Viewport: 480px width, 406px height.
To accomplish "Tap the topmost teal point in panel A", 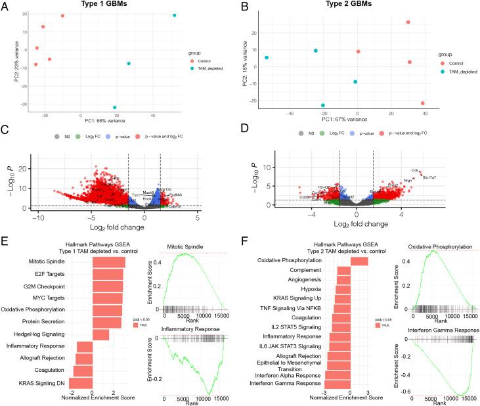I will (x=174, y=15).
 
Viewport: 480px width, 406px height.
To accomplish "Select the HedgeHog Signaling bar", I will (x=100, y=335).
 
